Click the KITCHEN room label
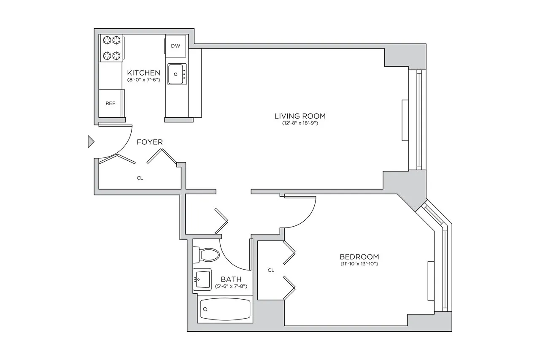[143, 73]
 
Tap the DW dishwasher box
[175, 46]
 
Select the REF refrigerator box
[110, 103]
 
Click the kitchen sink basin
[175, 74]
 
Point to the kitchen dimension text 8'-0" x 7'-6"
[143, 80]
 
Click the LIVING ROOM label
[300, 116]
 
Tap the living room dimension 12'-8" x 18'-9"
[300, 123]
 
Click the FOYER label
[149, 142]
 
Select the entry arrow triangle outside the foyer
[90, 142]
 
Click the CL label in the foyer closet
[140, 178]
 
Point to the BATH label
[231, 279]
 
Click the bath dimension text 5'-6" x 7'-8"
[231, 286]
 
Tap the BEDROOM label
[359, 257]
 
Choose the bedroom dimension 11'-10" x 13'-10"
[359, 264]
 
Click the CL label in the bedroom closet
[271, 270]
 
